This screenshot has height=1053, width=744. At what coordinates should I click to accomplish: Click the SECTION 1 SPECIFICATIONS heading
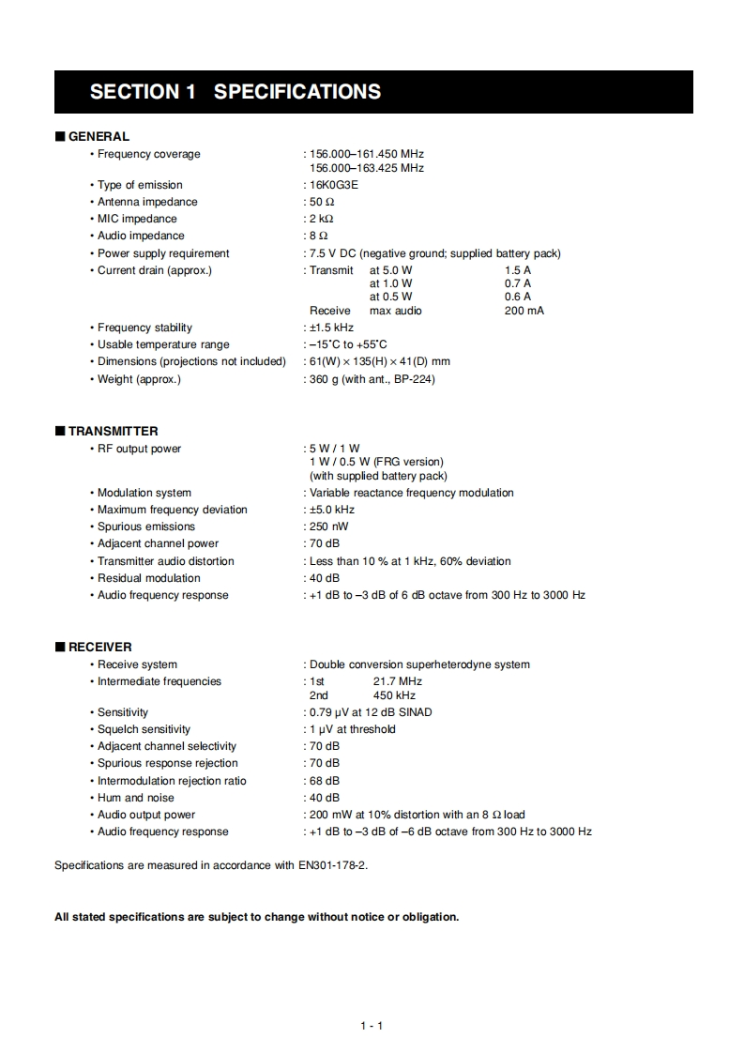(x=235, y=92)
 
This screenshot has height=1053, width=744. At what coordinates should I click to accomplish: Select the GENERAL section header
(x=99, y=136)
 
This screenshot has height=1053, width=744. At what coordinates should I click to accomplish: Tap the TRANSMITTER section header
(x=113, y=432)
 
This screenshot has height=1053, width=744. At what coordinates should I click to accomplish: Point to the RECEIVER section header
(x=99, y=647)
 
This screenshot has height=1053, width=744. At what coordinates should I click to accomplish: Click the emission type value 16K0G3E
(x=334, y=185)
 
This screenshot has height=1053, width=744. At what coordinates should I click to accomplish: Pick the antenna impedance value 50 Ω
(x=322, y=202)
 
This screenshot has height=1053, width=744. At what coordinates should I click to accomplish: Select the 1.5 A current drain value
(x=517, y=270)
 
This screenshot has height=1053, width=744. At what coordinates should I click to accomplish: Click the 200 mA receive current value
(x=524, y=311)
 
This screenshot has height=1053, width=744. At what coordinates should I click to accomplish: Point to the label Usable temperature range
(x=163, y=344)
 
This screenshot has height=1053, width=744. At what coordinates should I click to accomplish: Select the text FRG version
(x=408, y=462)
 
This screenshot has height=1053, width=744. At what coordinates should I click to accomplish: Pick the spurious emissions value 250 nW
(x=328, y=526)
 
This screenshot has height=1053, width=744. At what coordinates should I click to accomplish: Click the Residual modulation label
(x=149, y=578)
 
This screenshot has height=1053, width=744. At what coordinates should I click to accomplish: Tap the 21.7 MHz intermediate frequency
(x=397, y=681)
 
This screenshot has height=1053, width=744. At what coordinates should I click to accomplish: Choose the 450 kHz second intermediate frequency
(x=394, y=695)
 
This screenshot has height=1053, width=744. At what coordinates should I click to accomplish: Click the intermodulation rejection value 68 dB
(x=325, y=781)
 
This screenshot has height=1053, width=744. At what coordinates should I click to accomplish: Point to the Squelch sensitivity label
(x=144, y=729)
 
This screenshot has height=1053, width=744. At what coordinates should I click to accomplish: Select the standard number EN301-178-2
(x=332, y=865)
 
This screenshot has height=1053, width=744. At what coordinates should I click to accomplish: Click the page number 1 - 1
(x=372, y=1026)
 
